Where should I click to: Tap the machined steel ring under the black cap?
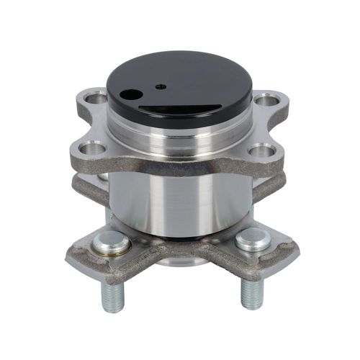coord(180,137)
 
